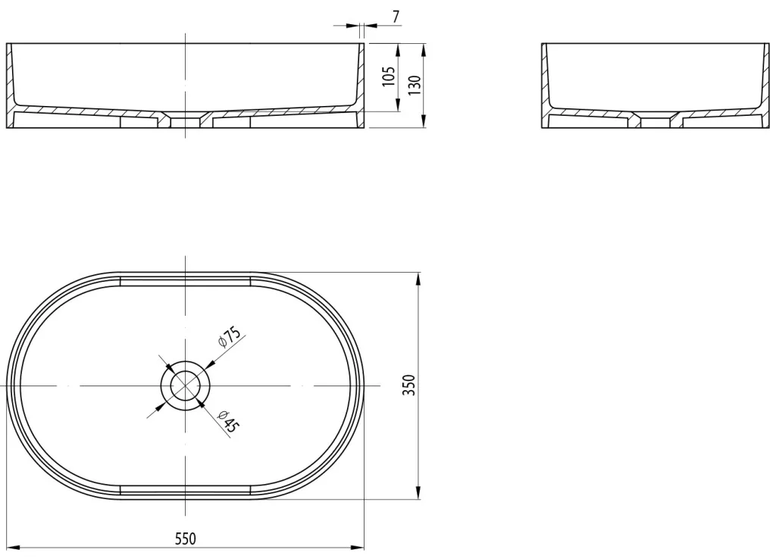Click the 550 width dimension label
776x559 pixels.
[x=186, y=539]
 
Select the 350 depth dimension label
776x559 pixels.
[x=409, y=385]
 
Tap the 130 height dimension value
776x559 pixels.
[x=415, y=85]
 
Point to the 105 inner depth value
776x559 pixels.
[x=389, y=77]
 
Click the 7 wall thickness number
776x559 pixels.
[x=396, y=17]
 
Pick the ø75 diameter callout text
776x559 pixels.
[x=229, y=336]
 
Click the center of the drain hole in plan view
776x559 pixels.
[x=185, y=386]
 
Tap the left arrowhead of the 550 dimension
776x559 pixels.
[x=13, y=548]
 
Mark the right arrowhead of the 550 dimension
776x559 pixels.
[x=358, y=548]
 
